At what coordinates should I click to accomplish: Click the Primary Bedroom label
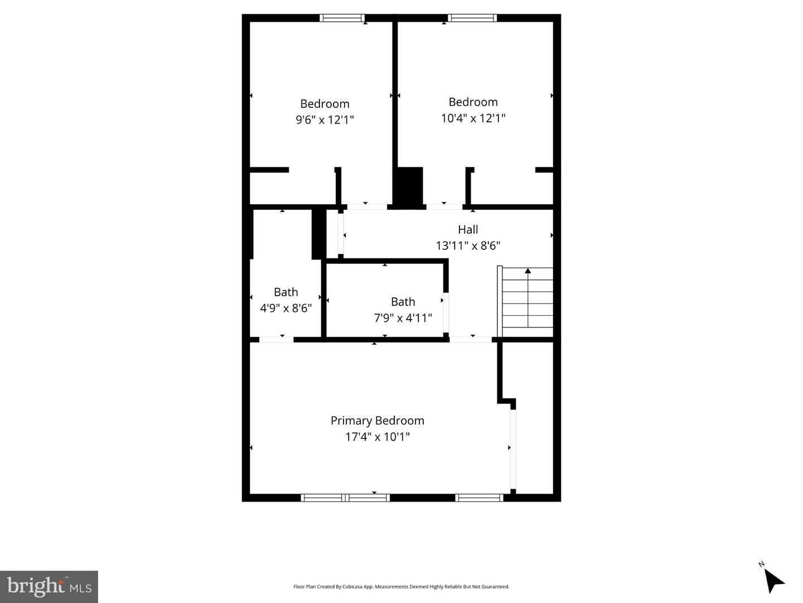(x=377, y=421)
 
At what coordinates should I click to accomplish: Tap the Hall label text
(x=468, y=229)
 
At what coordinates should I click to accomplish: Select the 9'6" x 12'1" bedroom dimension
(x=325, y=119)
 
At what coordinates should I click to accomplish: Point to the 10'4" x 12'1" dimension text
(x=473, y=118)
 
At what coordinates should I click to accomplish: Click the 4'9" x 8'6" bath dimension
(x=286, y=308)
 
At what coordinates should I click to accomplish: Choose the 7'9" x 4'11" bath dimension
(x=403, y=318)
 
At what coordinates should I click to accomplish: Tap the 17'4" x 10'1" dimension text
(x=378, y=437)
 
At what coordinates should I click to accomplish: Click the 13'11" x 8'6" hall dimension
(x=468, y=245)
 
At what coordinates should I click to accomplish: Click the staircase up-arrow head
(x=528, y=271)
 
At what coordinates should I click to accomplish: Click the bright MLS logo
(x=49, y=587)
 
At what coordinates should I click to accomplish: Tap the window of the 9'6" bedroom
(x=342, y=18)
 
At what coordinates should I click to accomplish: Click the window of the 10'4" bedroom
(x=472, y=18)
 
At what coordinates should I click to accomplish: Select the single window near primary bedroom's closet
(x=479, y=498)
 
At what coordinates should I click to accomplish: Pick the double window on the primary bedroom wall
(x=345, y=498)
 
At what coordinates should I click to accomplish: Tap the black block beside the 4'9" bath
(x=318, y=234)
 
